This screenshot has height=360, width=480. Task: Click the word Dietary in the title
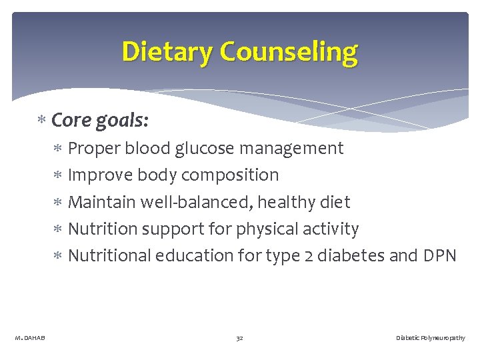point(167,51)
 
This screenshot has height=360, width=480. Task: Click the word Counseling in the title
point(289,51)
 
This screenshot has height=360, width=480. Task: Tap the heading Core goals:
point(100,121)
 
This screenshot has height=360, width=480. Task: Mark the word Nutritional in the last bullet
point(109,255)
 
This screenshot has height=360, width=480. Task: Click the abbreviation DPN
point(439,255)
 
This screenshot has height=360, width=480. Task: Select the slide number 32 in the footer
point(239,338)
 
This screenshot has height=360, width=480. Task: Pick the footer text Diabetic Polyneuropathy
point(431,338)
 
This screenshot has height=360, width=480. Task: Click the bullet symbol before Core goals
point(41,121)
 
